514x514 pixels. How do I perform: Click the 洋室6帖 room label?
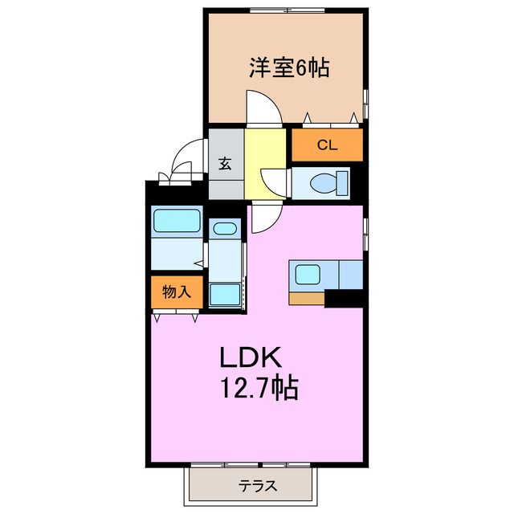click(x=288, y=69)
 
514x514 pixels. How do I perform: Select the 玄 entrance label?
click(x=225, y=164)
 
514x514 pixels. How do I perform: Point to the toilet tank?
click(x=344, y=183)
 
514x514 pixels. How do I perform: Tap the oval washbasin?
click(x=225, y=229)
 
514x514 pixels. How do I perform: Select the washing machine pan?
click(x=225, y=294)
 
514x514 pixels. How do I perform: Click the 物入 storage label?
click(x=176, y=292)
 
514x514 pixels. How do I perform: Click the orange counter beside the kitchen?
click(x=306, y=299)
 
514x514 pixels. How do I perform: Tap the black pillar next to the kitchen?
click(x=343, y=300)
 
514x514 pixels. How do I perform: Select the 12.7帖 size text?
click(x=259, y=390)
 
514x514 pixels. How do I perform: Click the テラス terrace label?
click(x=258, y=485)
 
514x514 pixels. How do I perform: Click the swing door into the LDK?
click(x=265, y=218)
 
